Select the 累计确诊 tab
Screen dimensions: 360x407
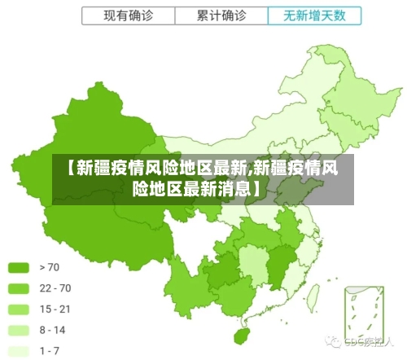click(221, 15)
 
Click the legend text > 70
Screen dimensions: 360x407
click(50, 267)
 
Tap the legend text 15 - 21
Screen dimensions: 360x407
click(55, 310)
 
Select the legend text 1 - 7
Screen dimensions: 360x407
click(50, 351)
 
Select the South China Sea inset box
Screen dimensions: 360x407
click(362, 313)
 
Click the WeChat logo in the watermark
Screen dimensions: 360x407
click(333, 341)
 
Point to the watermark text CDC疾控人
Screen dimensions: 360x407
click(368, 342)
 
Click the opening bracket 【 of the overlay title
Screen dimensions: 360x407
click(68, 169)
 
